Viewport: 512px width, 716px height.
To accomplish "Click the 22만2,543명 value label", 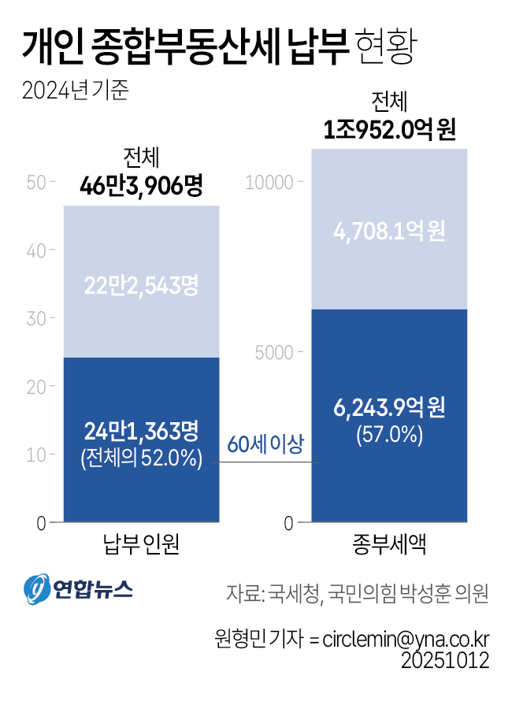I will pos(141,285).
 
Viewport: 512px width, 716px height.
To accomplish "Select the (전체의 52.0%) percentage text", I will pos(141,458).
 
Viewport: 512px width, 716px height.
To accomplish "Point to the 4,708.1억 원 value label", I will pos(389,232).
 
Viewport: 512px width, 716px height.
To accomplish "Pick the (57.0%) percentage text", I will pos(389,434).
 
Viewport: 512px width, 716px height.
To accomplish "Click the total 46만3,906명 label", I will pos(142,186).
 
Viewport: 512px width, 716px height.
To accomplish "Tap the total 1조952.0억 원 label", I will pos(390,128).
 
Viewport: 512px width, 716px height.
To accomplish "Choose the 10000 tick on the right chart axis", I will pos(269,182).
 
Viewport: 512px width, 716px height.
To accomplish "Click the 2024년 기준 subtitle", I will pos(76,91).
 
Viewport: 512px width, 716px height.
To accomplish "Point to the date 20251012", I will pos(445,659).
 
